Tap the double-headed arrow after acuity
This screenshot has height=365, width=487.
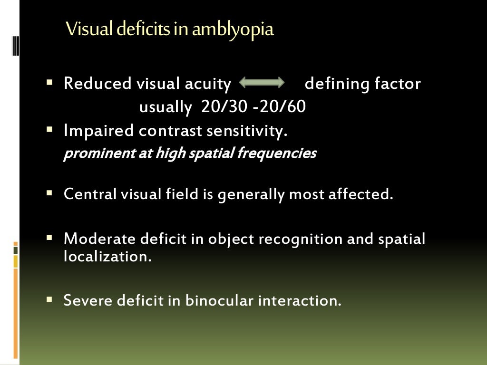click(x=262, y=83)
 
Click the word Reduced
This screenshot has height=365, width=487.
click(x=97, y=84)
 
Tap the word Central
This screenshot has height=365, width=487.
click(x=90, y=194)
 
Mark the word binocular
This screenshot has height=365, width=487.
click(x=219, y=300)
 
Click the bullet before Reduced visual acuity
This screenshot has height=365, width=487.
click(x=49, y=82)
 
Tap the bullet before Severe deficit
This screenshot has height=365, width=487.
click(x=49, y=299)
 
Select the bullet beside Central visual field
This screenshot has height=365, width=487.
click(x=49, y=193)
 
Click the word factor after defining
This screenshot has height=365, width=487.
click(x=398, y=84)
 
